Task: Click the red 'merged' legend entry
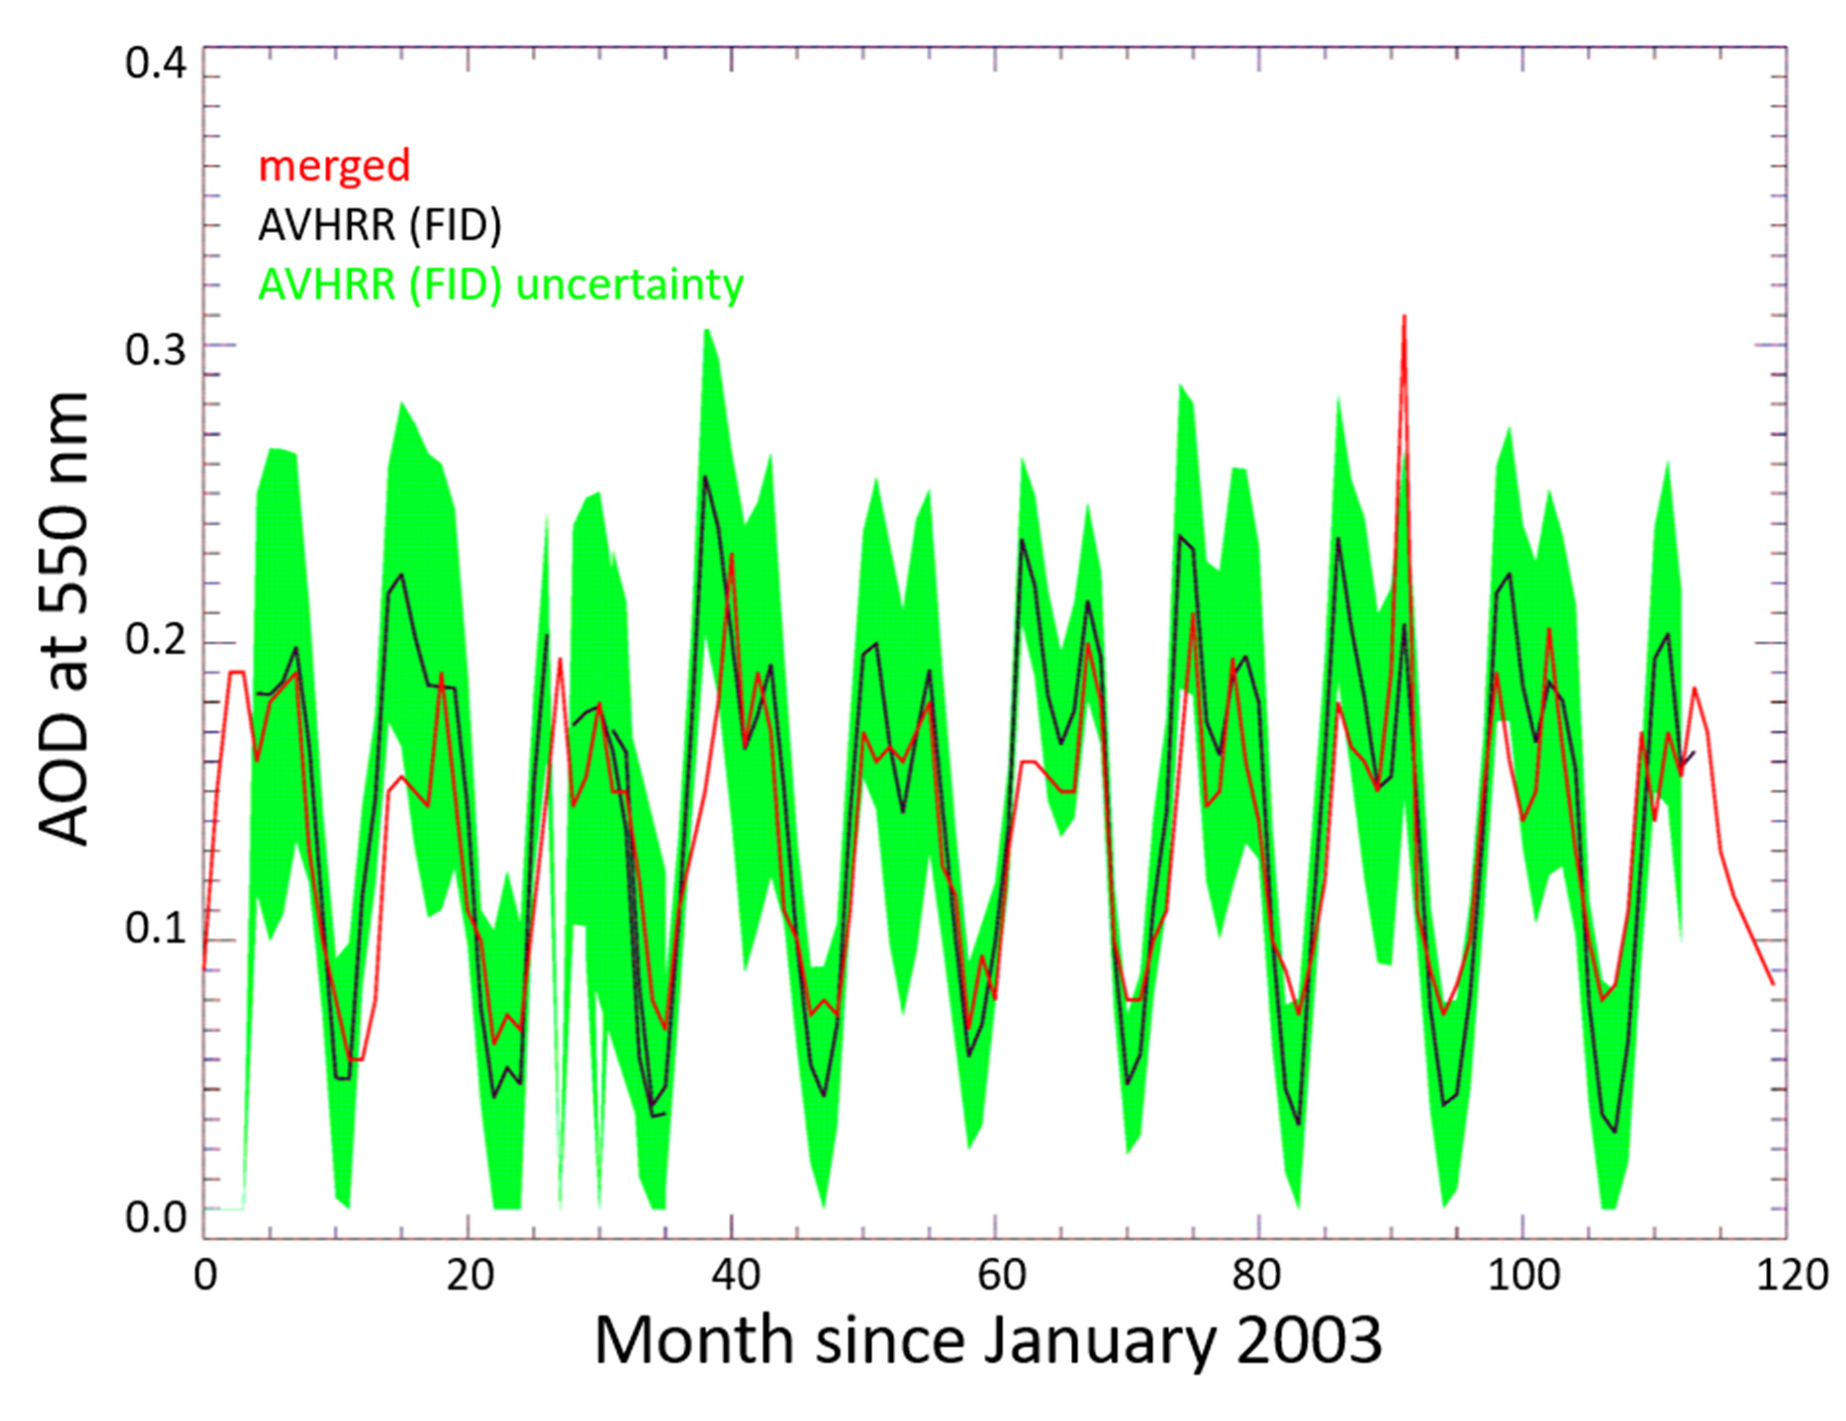point(334,166)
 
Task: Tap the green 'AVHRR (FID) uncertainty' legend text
point(500,285)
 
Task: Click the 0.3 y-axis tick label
point(155,349)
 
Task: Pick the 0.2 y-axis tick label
point(155,642)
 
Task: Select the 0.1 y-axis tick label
point(155,929)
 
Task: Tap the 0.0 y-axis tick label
point(155,1218)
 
